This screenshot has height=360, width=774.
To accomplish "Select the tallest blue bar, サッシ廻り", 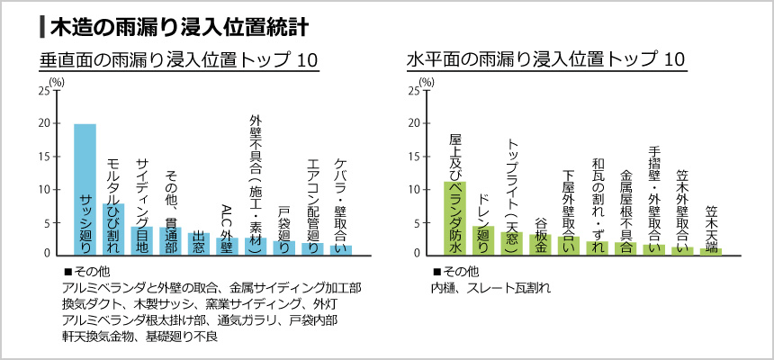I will (85, 188).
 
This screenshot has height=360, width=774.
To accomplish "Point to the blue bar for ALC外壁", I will (227, 246).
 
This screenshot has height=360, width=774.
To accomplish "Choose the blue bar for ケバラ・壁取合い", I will (341, 249).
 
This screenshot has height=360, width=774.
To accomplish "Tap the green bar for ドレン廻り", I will (483, 239).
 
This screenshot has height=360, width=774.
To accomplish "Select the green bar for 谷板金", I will (540, 244).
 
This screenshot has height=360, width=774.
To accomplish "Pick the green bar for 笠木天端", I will (711, 251).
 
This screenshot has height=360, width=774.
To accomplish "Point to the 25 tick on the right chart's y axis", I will (415, 91).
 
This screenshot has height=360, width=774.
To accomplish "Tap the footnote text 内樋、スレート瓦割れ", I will (490, 289).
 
